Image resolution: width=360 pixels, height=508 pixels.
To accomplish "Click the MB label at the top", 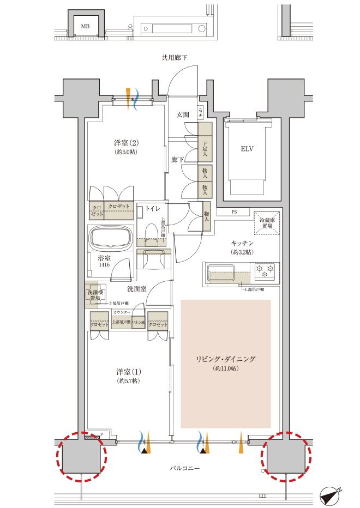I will pyautogui.click(x=85, y=26).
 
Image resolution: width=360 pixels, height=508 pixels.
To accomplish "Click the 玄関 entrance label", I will pyautogui.click(x=182, y=114).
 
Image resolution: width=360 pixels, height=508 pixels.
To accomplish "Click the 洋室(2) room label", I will pyautogui.click(x=126, y=143).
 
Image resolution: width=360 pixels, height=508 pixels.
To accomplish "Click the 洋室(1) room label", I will pyautogui.click(x=126, y=372).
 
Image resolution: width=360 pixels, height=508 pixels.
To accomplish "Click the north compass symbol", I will pyautogui.click(x=330, y=494).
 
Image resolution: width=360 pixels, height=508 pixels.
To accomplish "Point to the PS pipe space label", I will pyautogui.click(x=235, y=212).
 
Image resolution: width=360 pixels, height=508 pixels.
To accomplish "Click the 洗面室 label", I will pyautogui.click(x=136, y=288).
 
